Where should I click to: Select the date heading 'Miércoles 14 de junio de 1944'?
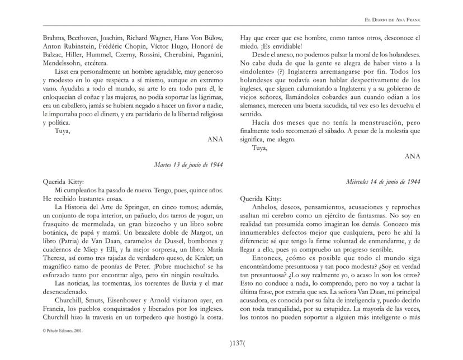[x=382, y=182]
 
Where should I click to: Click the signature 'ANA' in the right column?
[x=413, y=157]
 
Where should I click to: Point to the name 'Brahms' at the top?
[x=55, y=37]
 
